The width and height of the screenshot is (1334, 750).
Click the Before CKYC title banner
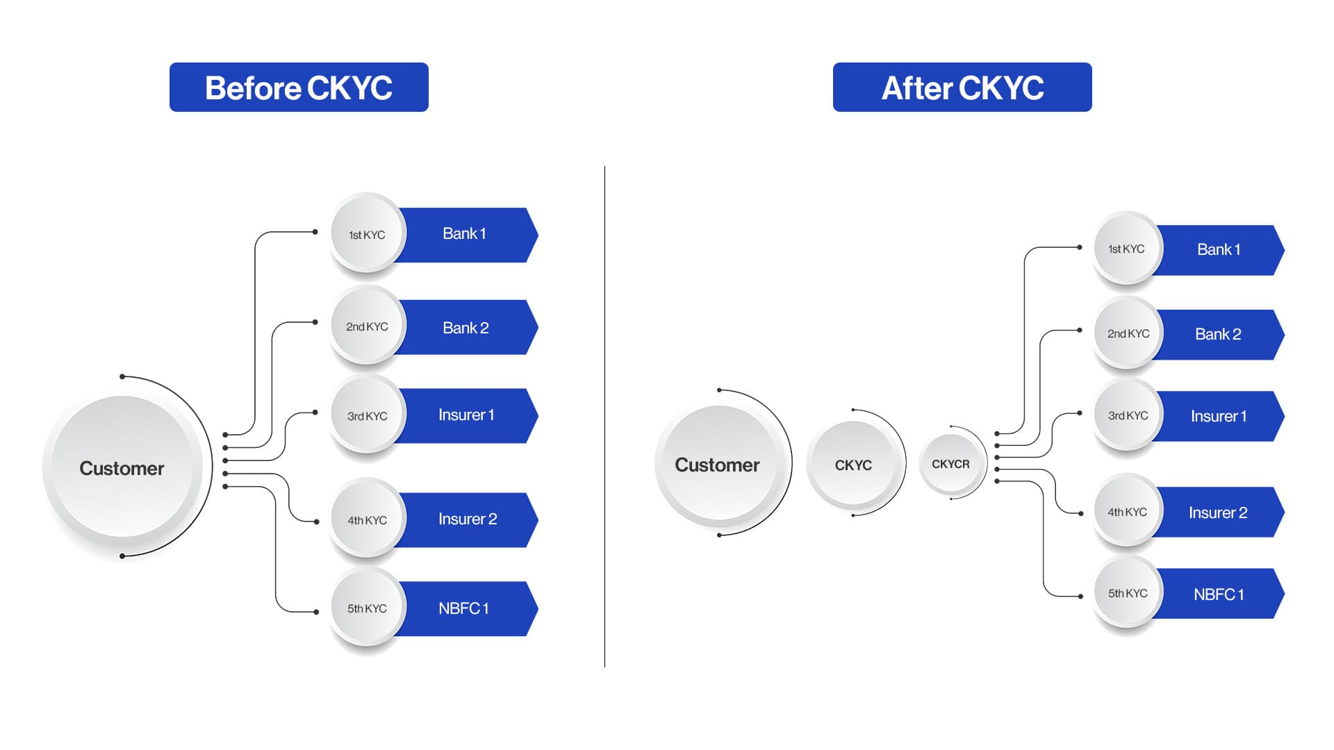299,87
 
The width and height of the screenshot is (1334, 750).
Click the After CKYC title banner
962,87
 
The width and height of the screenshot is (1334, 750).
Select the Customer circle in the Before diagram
122,467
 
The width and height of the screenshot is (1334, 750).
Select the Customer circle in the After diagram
717,465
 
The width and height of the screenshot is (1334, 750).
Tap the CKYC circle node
853,465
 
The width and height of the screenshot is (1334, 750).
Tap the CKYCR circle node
950,464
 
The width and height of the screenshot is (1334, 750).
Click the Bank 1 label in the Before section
465,234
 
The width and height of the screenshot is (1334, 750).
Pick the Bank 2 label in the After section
1217,334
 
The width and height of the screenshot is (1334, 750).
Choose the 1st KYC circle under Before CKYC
367,235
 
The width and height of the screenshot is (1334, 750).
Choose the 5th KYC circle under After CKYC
1127,593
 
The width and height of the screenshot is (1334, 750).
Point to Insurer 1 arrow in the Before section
466,415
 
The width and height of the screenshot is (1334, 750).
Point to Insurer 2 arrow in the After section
1218,512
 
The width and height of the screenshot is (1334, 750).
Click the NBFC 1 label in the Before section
464,608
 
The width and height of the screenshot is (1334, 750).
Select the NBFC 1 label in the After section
1219,594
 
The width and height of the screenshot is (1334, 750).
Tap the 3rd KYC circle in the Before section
367,416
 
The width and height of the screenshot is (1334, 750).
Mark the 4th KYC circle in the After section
1127,512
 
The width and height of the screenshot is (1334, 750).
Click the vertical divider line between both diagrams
604,417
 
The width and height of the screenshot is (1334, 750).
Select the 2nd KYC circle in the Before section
367,326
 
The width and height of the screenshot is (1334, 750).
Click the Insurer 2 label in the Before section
468,519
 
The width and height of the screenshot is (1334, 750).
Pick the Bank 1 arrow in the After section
1219,250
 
